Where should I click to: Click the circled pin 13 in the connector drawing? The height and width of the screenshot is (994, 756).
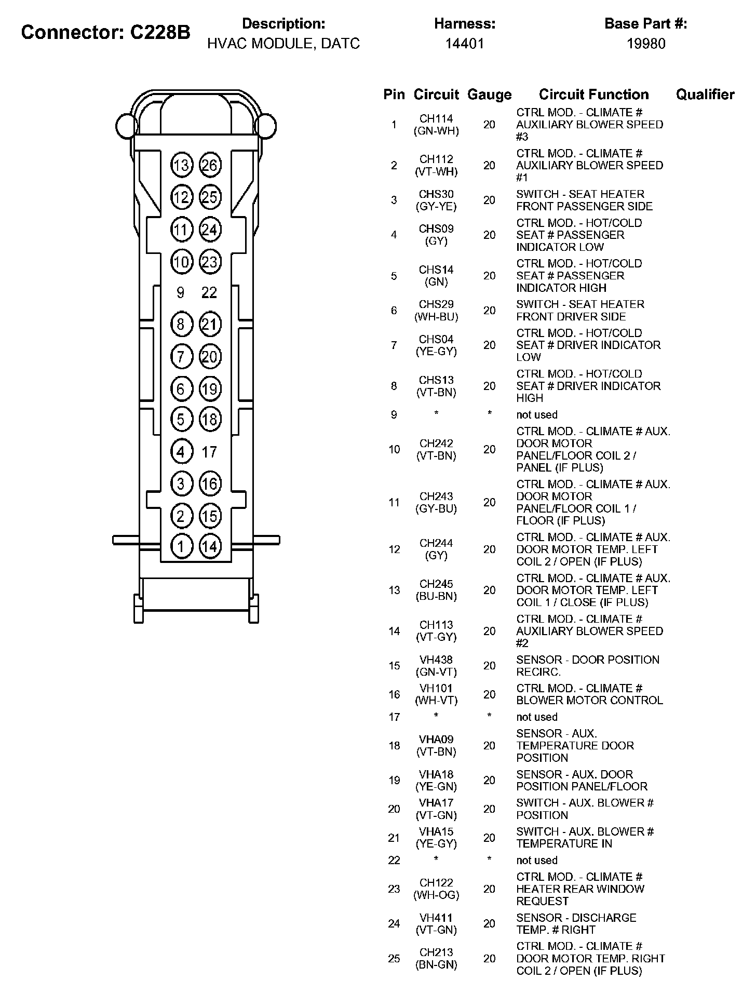(x=182, y=166)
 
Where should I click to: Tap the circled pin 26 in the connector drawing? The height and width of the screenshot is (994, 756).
(x=210, y=166)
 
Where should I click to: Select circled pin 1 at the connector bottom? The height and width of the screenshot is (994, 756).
(x=181, y=546)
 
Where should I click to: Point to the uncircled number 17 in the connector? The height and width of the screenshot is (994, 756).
(x=209, y=452)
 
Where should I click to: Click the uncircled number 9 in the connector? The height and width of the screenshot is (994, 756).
(x=180, y=293)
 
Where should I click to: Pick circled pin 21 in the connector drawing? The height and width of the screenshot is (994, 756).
(x=210, y=325)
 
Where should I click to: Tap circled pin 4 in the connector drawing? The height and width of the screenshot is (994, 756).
(x=181, y=452)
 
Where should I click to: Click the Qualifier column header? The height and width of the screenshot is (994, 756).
(x=705, y=95)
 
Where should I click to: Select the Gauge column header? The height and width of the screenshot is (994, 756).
(x=489, y=95)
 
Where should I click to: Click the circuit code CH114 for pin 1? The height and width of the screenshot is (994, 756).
(x=436, y=118)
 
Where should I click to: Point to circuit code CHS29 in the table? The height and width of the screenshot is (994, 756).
(x=436, y=304)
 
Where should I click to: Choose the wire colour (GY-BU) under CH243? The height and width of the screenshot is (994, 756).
(x=436, y=509)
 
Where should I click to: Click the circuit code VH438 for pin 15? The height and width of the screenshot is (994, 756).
(x=436, y=660)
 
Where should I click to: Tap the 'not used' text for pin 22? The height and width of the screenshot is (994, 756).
(x=536, y=861)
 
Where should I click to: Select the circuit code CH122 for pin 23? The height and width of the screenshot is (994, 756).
(x=436, y=883)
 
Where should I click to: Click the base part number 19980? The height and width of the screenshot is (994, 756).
(x=645, y=44)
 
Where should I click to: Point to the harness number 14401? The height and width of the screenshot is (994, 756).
(x=464, y=44)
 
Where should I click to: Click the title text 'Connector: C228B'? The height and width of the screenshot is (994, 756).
(x=105, y=33)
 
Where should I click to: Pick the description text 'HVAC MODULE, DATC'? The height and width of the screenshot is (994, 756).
(x=283, y=44)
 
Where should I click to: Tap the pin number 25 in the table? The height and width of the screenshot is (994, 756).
(x=394, y=959)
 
